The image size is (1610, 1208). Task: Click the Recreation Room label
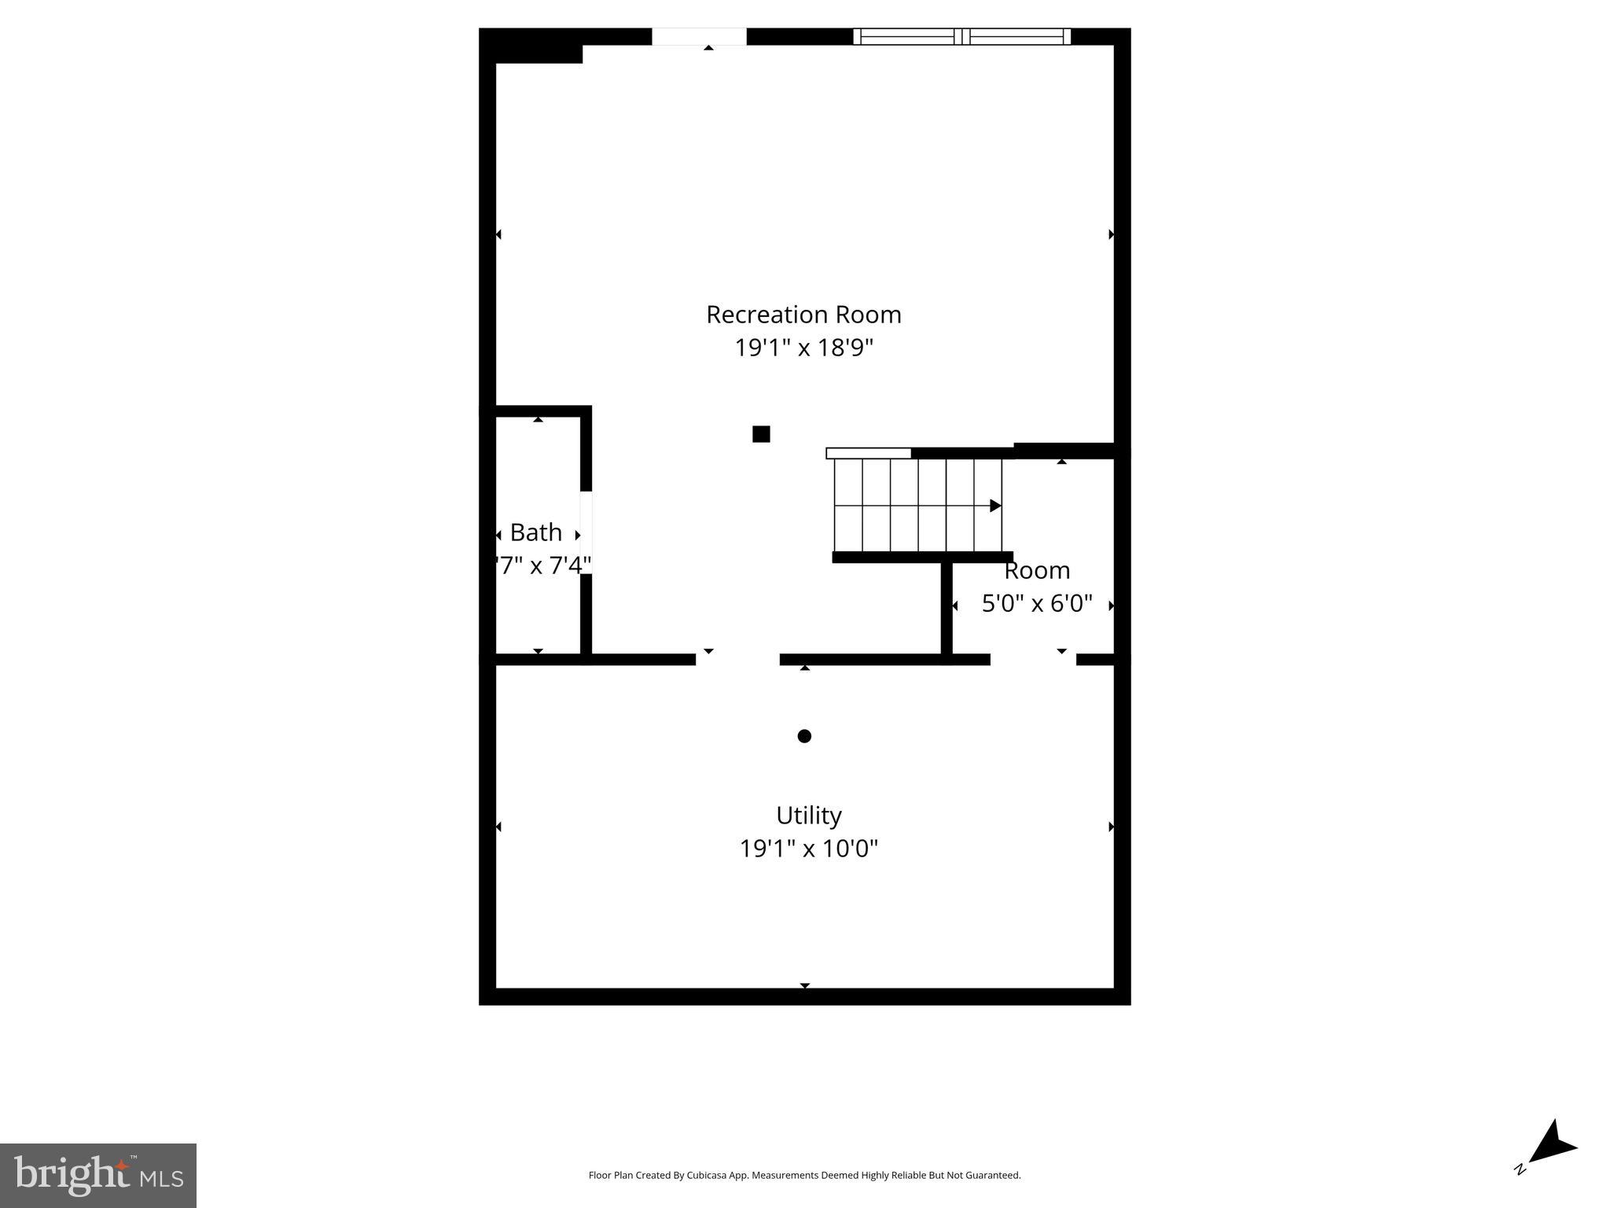803,315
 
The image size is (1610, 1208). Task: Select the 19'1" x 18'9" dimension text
803,348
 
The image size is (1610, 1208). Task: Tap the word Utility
808,815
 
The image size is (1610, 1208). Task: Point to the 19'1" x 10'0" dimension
808,849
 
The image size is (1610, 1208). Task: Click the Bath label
536,532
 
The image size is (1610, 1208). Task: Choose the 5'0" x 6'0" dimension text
1037,603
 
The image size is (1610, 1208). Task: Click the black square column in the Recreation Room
761,434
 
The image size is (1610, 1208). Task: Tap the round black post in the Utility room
804,736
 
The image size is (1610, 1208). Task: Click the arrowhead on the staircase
995,506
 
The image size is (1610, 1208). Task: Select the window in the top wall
961,36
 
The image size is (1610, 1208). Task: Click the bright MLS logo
98,1175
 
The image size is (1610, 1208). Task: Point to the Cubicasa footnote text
804,1176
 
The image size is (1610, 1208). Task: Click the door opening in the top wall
699,36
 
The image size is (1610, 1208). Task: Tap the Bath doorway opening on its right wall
586,532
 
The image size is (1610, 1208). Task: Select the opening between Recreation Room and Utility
737,659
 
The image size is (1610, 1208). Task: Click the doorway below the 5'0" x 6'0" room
1033,659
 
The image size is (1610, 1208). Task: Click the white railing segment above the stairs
869,453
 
